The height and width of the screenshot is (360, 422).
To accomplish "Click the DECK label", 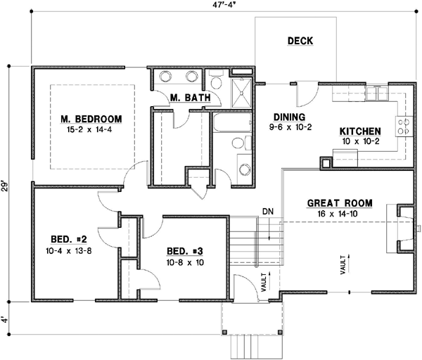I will (x=300, y=41).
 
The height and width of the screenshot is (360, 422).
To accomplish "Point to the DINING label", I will (x=288, y=117).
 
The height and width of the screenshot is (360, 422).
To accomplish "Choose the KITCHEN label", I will (x=360, y=131).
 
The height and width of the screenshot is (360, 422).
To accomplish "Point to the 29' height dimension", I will (x=7, y=186).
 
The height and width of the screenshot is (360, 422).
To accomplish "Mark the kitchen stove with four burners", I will (x=405, y=126).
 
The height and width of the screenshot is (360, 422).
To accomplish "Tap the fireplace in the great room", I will (x=403, y=229).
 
